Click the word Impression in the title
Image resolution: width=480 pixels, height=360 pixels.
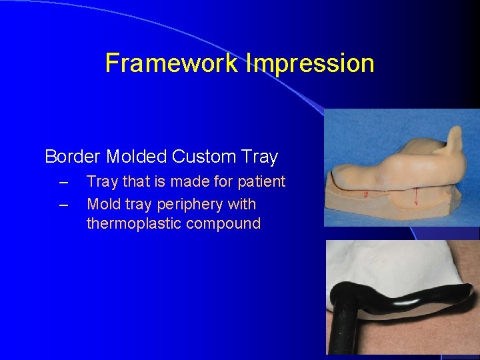point(310,63)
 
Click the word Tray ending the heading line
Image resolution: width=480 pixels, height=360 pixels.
point(261,157)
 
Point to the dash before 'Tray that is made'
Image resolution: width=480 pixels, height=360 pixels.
point(63,181)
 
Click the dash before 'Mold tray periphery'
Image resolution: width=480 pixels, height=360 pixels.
point(63,204)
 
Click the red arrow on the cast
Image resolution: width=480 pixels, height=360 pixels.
point(416,197)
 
